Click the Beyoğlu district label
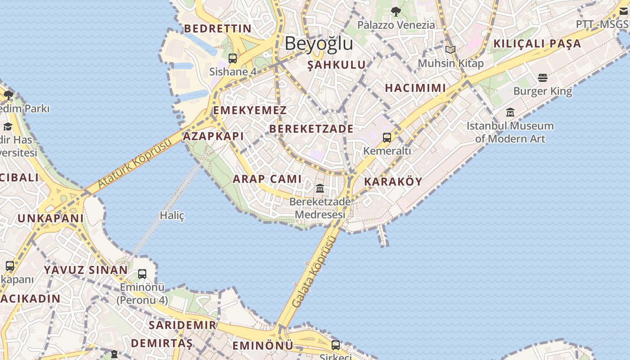[x=319, y=44]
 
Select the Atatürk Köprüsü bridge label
[x=135, y=163]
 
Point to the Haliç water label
[x=172, y=216]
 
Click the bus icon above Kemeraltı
[x=387, y=137]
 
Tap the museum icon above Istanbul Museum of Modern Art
[x=510, y=112]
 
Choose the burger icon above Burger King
[x=543, y=78]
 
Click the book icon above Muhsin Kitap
[x=450, y=49]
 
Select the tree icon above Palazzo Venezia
[x=396, y=12]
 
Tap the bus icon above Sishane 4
[x=232, y=58]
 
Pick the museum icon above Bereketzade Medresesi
[x=320, y=188]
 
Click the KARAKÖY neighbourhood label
[x=393, y=182]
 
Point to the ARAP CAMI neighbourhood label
[x=267, y=179]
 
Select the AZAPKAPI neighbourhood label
[x=214, y=136]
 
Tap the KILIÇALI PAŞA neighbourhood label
[x=537, y=44]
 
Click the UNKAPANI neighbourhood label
[x=50, y=218]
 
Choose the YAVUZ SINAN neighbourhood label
[x=85, y=270]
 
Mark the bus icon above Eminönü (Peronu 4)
[x=142, y=274]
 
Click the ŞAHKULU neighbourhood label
[x=336, y=65]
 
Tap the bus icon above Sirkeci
[x=336, y=345]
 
